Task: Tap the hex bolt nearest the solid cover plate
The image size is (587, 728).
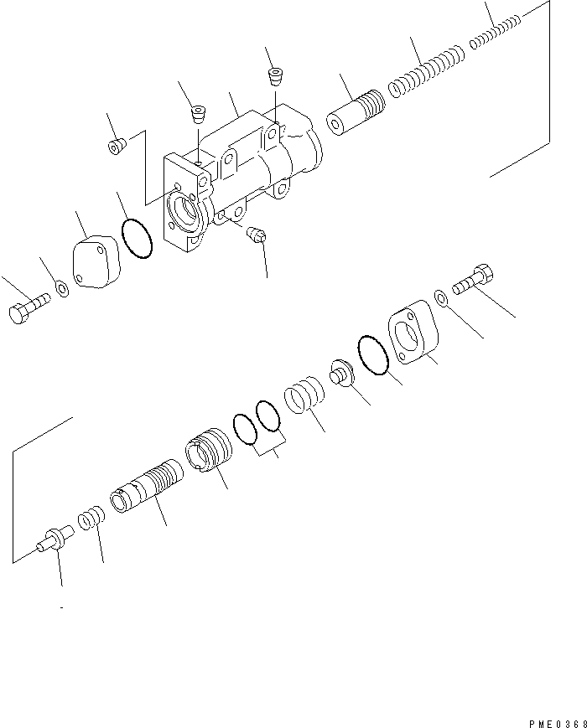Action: coord(28,308)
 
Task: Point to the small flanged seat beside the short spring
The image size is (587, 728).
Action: coord(342,374)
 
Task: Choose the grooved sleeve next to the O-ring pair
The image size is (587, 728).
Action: coord(210,452)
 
